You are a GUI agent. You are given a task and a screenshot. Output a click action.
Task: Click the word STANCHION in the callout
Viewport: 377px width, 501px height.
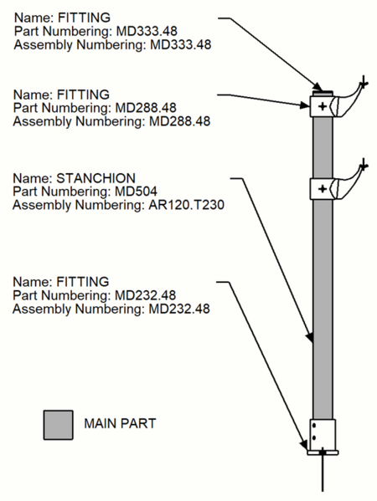91,177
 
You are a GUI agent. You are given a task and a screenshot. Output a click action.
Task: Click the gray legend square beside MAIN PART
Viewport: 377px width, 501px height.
59,424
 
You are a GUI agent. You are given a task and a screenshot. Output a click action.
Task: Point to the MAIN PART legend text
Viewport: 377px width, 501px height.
120,424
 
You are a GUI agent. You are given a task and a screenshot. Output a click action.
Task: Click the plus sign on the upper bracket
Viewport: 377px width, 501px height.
323,106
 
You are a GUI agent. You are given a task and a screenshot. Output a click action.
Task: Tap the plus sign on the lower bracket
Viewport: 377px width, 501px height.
323,189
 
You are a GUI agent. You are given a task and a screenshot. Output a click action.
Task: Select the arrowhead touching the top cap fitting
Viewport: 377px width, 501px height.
319,87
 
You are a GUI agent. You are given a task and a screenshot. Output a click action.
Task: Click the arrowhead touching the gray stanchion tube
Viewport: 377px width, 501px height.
311,339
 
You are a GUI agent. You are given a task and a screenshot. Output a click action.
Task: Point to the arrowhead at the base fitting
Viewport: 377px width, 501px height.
306,447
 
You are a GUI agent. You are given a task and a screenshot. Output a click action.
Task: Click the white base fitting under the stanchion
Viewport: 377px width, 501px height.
323,435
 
